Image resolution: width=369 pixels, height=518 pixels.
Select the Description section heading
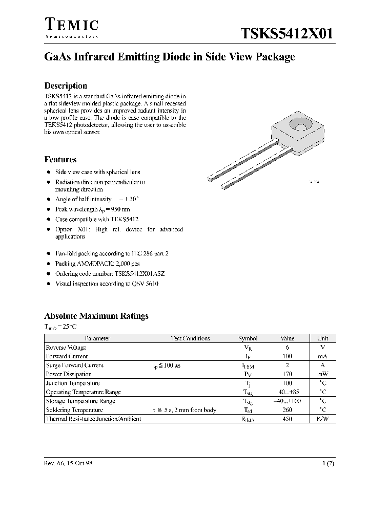coord(66,85)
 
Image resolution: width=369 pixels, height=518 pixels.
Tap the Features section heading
coord(60,159)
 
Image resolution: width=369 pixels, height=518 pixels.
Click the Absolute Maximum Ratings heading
coord(96,316)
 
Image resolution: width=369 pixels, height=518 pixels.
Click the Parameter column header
coord(97,338)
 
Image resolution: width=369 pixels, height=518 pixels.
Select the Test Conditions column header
coord(190,338)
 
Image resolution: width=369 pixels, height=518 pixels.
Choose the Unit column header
coord(323,338)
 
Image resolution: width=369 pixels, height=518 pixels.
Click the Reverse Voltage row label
coord(66,347)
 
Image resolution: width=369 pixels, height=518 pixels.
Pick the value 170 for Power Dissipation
coord(288,374)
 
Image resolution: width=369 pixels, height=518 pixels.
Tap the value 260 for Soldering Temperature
coord(288,409)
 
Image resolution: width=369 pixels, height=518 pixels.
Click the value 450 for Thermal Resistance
coord(288,419)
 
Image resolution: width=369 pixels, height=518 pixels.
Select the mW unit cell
coord(323,374)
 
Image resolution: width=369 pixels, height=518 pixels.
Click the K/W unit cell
coord(323,419)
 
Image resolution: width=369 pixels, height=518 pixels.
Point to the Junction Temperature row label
coord(73,383)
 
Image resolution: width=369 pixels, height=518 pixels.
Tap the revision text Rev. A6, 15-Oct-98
coord(68,462)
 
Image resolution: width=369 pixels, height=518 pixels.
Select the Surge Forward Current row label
coord(75,365)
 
